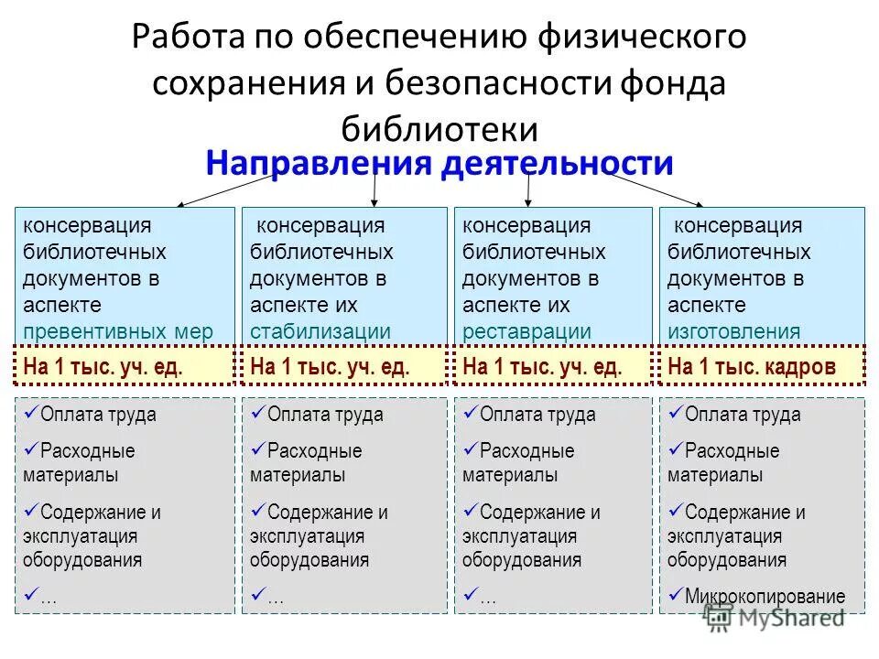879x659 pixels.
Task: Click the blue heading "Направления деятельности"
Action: coord(439,164)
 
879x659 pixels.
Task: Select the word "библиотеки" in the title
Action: coord(439,127)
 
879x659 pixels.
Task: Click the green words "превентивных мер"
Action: coord(118,331)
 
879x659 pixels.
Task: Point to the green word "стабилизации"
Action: coord(320,331)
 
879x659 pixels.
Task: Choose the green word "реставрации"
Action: coord(526,331)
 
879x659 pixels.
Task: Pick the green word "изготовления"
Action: coord(733,331)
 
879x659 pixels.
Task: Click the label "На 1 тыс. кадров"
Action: coord(752,367)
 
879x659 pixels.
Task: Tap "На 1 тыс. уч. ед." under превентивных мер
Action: coord(103,367)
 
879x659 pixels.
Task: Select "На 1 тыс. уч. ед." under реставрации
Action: coord(543,367)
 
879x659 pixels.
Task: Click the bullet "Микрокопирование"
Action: coord(765,597)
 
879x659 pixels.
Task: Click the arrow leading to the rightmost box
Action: coord(655,189)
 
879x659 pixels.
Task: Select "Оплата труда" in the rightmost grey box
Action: coord(743,415)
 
